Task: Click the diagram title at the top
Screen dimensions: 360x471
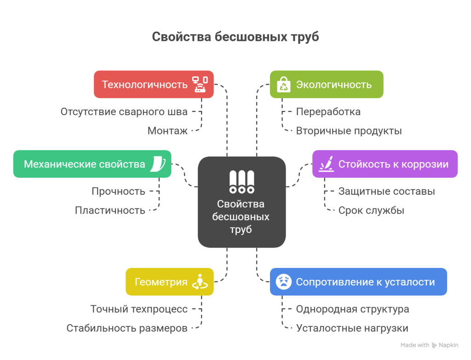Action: [235, 37]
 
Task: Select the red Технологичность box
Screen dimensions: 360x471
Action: [154, 84]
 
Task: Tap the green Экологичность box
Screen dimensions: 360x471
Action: [327, 84]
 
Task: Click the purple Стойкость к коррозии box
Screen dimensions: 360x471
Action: [385, 164]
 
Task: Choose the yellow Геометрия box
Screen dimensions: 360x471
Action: [169, 282]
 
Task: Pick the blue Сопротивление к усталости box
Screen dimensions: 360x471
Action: [358, 282]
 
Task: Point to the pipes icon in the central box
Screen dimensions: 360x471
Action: [241, 182]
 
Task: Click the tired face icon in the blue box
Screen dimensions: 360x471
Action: [283, 282]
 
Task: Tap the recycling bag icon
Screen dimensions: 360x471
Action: [283, 85]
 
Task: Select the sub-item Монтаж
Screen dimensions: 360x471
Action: [167, 131]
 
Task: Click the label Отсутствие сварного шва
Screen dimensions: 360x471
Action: [124, 111]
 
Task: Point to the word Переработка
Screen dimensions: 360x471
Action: [328, 111]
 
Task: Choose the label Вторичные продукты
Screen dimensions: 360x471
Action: [349, 131]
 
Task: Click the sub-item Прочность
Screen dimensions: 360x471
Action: [118, 191]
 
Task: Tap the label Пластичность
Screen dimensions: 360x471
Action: [110, 210]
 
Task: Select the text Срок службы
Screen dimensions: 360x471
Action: [371, 210]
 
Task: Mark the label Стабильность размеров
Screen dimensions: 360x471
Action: [127, 328]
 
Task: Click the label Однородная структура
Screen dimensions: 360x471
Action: [352, 309]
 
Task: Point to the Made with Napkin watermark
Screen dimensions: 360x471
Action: [429, 345]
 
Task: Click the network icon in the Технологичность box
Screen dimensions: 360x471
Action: [200, 84]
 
